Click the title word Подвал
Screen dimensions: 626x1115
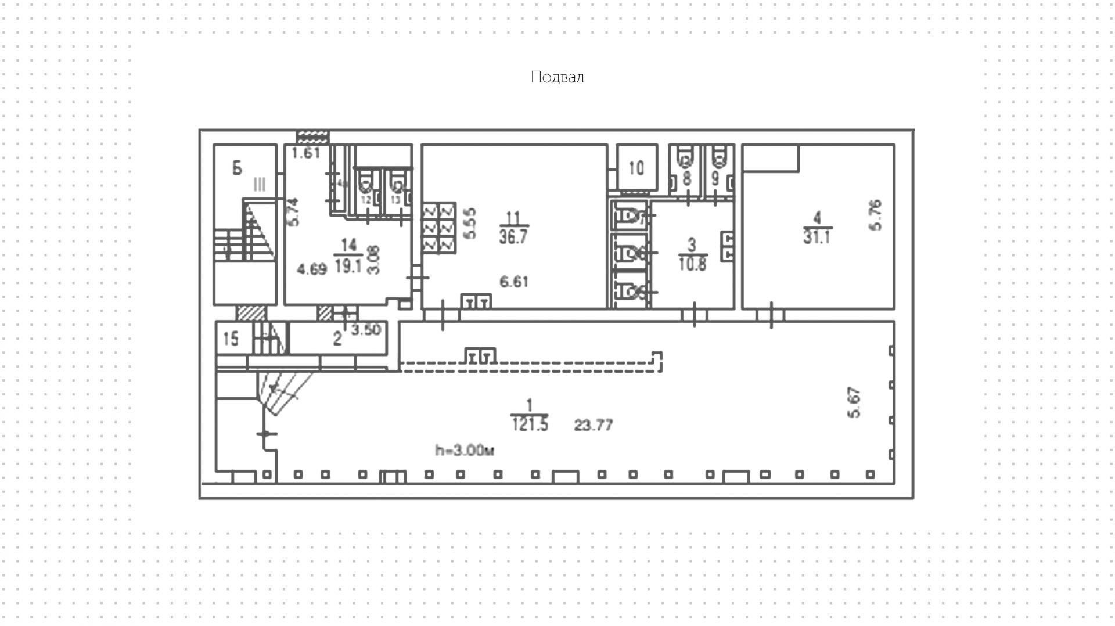coord(557,77)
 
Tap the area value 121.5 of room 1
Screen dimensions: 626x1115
coord(530,425)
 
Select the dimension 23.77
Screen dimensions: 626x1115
coord(593,425)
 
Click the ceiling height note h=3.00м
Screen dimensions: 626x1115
coord(465,450)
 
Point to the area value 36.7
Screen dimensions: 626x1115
coord(513,237)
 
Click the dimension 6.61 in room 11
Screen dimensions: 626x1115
coord(514,282)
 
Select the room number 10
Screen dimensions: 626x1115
coord(636,168)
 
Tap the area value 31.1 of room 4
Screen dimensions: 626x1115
coord(817,237)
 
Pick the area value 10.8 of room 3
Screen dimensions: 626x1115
coord(692,264)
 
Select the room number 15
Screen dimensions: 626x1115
coord(231,339)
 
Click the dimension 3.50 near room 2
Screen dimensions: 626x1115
coord(366,330)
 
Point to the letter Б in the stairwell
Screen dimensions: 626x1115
coord(237,168)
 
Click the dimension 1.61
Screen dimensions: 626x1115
coord(305,153)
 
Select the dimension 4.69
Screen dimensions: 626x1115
coord(312,269)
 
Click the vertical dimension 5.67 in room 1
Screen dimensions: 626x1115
coord(854,402)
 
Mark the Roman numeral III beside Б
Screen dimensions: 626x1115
coord(259,185)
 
